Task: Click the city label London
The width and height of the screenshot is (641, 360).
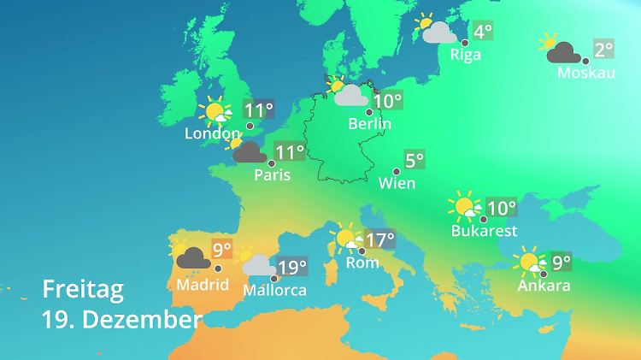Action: coord(213,134)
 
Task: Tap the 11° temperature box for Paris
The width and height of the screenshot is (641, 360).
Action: coord(290,153)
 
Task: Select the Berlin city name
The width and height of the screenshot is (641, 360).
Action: coord(369,124)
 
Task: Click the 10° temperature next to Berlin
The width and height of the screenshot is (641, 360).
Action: coord(387,102)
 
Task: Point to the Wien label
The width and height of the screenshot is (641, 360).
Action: coord(397,183)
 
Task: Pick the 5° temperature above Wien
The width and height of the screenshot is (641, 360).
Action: coord(415,160)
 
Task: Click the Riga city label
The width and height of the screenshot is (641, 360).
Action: coord(466,55)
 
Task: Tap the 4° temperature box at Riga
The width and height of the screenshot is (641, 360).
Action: coord(483,32)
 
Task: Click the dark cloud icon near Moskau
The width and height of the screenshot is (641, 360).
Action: coord(565,55)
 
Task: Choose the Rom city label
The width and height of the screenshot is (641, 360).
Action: coord(362,263)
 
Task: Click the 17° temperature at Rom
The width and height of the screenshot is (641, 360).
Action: coord(379,239)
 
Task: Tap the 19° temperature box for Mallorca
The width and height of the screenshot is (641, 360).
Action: coord(291,268)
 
